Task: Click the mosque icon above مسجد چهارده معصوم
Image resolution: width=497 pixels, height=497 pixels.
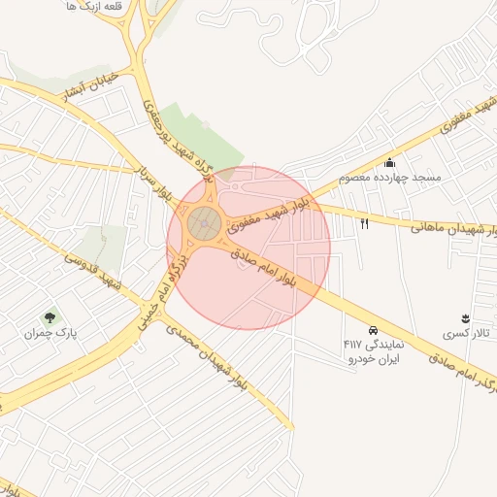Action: point(389,162)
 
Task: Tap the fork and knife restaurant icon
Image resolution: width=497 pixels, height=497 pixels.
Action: point(365,224)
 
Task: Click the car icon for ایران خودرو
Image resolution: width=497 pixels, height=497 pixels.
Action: point(374,330)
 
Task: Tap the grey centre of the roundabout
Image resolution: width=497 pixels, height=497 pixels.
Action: point(204,223)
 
